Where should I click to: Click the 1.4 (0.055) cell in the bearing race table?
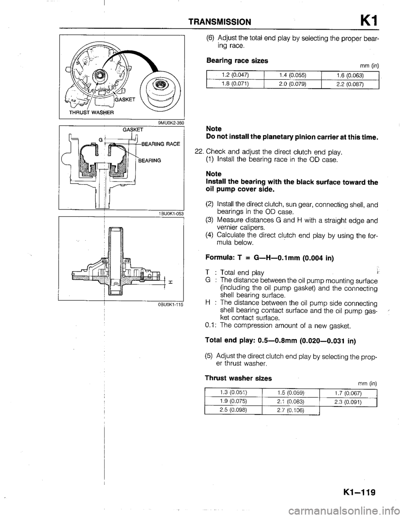293,75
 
